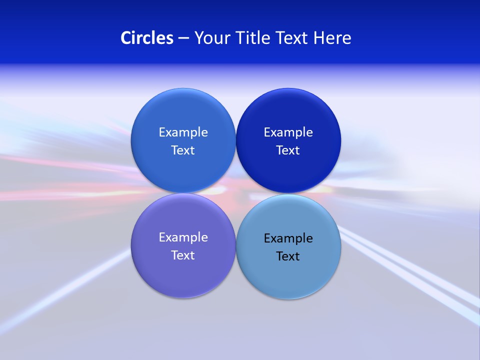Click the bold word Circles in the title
click(x=147, y=38)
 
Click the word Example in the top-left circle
click(x=183, y=132)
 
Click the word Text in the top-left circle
click(x=183, y=150)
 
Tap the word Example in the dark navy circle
click(x=288, y=132)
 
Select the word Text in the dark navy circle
click(x=288, y=150)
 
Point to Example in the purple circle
click(x=183, y=237)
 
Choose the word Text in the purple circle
click(x=183, y=255)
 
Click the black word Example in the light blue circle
click(x=288, y=238)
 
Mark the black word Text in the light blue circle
click(x=288, y=256)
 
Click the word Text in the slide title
click(x=292, y=38)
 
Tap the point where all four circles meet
click(x=235, y=193)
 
